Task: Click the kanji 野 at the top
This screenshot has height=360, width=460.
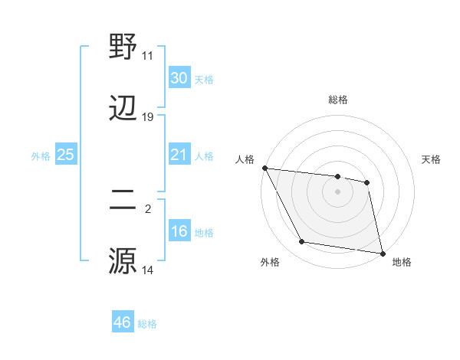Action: (124, 47)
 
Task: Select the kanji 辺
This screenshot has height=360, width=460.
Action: (124, 110)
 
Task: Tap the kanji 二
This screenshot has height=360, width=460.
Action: (124, 200)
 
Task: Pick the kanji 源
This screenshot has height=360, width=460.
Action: (124, 260)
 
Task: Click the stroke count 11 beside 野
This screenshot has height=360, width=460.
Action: (147, 56)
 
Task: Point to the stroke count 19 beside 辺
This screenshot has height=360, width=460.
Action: (148, 117)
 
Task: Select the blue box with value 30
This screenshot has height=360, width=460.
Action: (179, 78)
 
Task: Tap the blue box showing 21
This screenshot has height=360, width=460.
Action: (179, 155)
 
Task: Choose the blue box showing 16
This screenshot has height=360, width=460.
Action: (179, 231)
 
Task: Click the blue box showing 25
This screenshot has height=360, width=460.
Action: (65, 155)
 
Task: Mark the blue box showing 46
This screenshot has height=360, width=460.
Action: (122, 322)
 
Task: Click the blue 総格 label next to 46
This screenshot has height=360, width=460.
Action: (147, 324)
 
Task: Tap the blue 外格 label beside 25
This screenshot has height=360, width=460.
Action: (41, 156)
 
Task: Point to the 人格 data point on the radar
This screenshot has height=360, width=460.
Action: (264, 168)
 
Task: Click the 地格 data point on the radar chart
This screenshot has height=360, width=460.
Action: (382, 253)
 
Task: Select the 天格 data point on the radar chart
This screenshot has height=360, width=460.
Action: (367, 182)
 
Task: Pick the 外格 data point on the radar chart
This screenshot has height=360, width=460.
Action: (302, 243)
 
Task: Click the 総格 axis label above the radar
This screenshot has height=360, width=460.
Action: (338, 100)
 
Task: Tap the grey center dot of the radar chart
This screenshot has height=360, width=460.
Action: (338, 191)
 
